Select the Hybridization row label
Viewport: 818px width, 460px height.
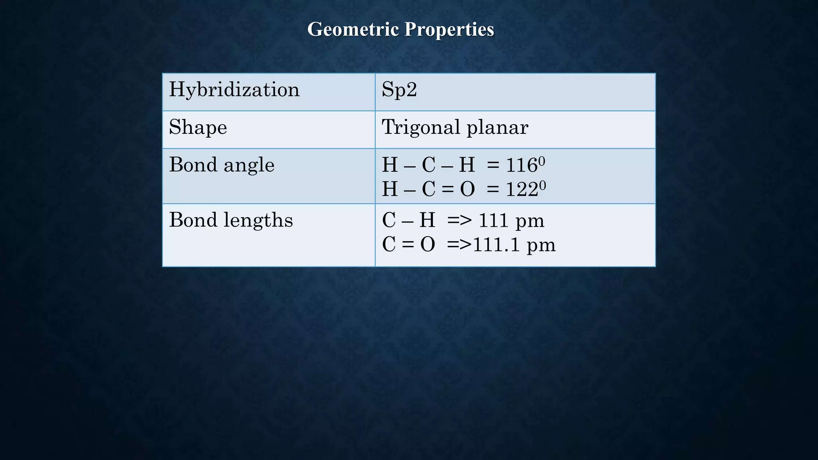[234, 89]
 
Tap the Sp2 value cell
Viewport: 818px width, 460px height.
[399, 89]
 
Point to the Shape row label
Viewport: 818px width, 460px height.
[198, 127]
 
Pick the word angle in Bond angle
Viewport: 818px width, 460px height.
[249, 165]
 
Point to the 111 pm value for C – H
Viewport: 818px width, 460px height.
[511, 221]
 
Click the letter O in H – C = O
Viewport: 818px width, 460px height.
[467, 189]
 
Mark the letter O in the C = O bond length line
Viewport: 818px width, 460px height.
[427, 245]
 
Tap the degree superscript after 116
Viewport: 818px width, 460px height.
[542, 161]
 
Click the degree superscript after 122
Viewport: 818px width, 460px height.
[542, 185]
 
